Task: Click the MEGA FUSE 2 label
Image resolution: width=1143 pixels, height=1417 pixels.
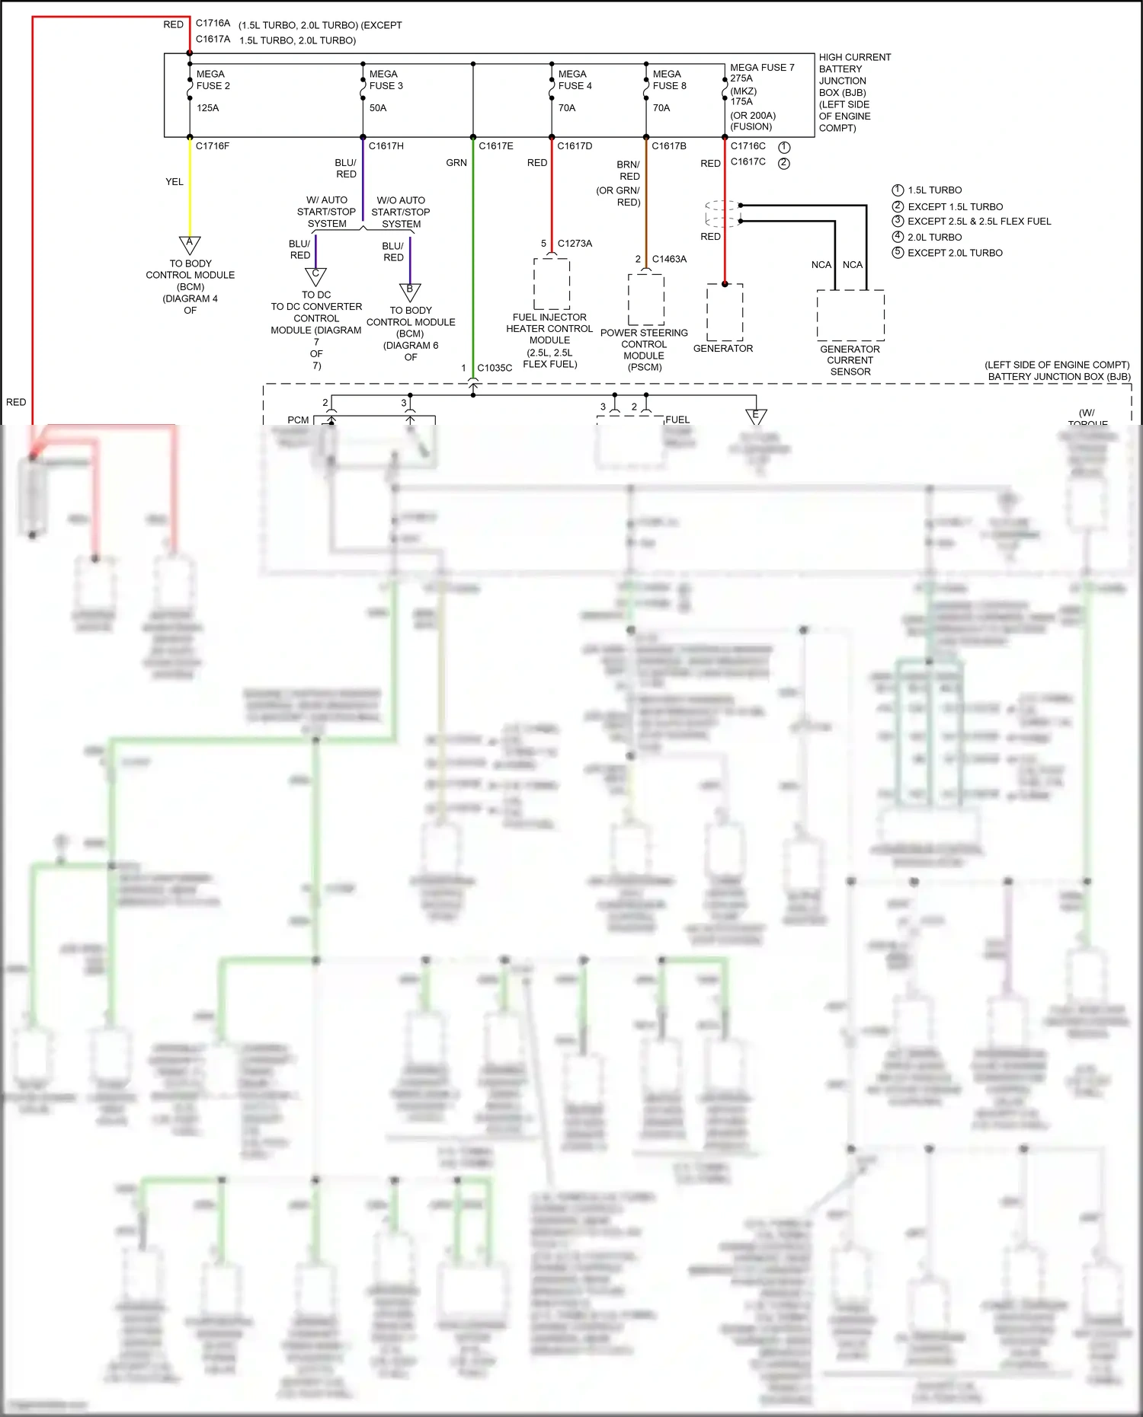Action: pyautogui.click(x=213, y=80)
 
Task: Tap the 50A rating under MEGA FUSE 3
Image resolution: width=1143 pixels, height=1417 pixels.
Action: pyautogui.click(x=378, y=108)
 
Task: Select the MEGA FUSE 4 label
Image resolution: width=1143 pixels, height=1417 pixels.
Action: pyautogui.click(x=575, y=80)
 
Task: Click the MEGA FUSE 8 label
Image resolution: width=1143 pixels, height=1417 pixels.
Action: pyautogui.click(x=669, y=80)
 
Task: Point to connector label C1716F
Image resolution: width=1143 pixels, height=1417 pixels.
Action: pyautogui.click(x=213, y=146)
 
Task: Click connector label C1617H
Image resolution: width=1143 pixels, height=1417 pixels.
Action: pyautogui.click(x=386, y=146)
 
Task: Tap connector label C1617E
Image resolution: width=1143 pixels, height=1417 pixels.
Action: pyautogui.click(x=496, y=146)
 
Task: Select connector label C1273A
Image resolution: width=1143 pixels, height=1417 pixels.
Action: pyautogui.click(x=575, y=244)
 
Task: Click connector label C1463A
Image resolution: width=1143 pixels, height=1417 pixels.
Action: pyautogui.click(x=669, y=259)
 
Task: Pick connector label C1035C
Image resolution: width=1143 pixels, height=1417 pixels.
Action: pyautogui.click(x=495, y=368)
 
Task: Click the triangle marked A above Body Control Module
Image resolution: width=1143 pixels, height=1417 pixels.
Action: pyautogui.click(x=190, y=244)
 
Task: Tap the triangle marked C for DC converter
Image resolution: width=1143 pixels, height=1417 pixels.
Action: pyautogui.click(x=315, y=276)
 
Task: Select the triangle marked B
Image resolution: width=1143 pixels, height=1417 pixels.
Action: pyautogui.click(x=410, y=291)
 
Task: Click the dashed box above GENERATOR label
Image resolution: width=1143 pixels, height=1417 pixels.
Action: pyautogui.click(x=725, y=312)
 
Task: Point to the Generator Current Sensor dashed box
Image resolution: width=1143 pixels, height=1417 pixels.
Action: pyautogui.click(x=850, y=315)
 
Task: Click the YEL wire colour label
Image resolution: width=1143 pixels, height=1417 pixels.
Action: pyautogui.click(x=174, y=182)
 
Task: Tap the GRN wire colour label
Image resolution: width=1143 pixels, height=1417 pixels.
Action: pyautogui.click(x=456, y=163)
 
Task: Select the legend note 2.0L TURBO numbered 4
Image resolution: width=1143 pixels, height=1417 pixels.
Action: pyautogui.click(x=934, y=238)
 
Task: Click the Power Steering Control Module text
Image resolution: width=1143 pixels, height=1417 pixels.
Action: pyautogui.click(x=644, y=349)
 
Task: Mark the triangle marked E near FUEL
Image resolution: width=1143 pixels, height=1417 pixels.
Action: pyautogui.click(x=756, y=416)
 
